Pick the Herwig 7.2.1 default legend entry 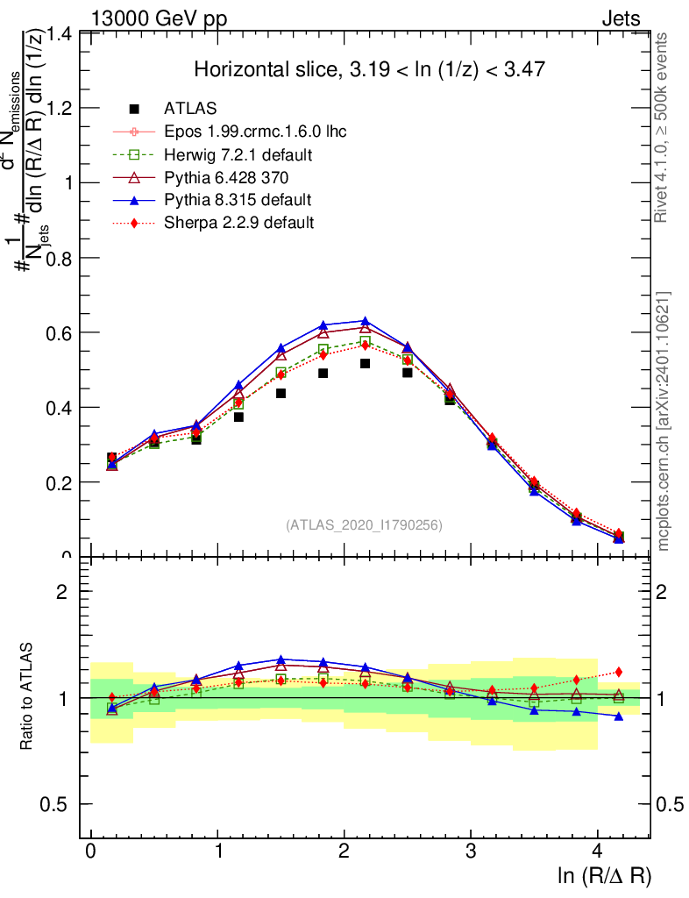(x=238, y=154)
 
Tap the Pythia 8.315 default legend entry (x=238, y=200)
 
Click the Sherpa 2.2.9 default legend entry (x=238, y=223)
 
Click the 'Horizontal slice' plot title (x=372, y=69)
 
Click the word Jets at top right (x=620, y=18)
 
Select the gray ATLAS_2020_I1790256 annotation (x=364, y=525)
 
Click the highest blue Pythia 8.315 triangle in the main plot (x=365, y=321)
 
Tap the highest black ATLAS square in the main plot (x=365, y=363)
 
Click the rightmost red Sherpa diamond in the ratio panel (x=618, y=672)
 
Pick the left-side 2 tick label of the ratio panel (x=61, y=591)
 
